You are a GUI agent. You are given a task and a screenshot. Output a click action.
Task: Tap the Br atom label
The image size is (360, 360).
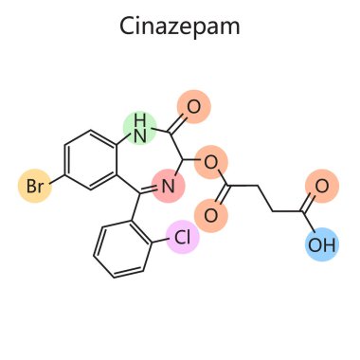click(34, 188)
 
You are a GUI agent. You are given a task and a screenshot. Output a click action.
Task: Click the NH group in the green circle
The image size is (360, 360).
click(140, 122)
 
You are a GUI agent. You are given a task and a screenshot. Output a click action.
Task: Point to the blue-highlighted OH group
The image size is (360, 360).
click(321, 246)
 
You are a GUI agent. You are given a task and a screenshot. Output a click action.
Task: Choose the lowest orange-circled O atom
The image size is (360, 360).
click(211, 215)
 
